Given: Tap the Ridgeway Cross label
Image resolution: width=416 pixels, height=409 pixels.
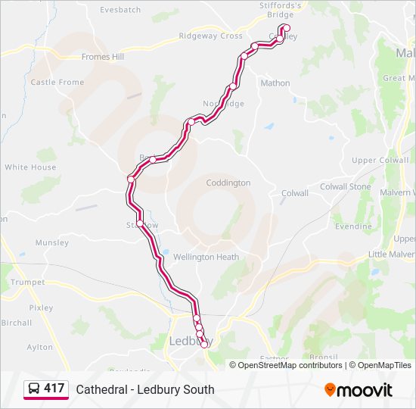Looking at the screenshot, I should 210,36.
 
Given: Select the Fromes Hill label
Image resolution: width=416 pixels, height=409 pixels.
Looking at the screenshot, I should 102,57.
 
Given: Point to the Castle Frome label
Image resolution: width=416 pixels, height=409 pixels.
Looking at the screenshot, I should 57,82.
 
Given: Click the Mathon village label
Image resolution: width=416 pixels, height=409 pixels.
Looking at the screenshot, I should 275,83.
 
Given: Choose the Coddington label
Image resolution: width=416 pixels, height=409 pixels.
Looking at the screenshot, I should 228,183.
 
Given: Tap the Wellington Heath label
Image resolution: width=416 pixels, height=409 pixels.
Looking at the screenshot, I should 206,257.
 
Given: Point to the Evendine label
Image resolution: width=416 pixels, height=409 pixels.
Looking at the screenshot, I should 353,226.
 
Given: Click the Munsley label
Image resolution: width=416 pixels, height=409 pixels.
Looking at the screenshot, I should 51,243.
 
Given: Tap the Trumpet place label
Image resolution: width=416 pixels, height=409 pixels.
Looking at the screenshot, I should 27,282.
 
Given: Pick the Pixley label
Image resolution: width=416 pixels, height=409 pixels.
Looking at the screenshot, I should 41,308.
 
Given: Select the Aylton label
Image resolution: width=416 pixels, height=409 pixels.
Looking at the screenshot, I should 40,347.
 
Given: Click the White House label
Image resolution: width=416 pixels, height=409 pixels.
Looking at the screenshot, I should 30,167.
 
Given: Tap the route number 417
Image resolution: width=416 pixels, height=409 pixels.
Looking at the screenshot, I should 54,389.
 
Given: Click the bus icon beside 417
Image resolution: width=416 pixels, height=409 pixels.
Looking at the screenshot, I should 34,389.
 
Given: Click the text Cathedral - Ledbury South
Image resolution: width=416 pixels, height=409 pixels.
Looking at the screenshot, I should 145,389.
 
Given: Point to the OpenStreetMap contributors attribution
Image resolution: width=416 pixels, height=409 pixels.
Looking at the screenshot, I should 290,365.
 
